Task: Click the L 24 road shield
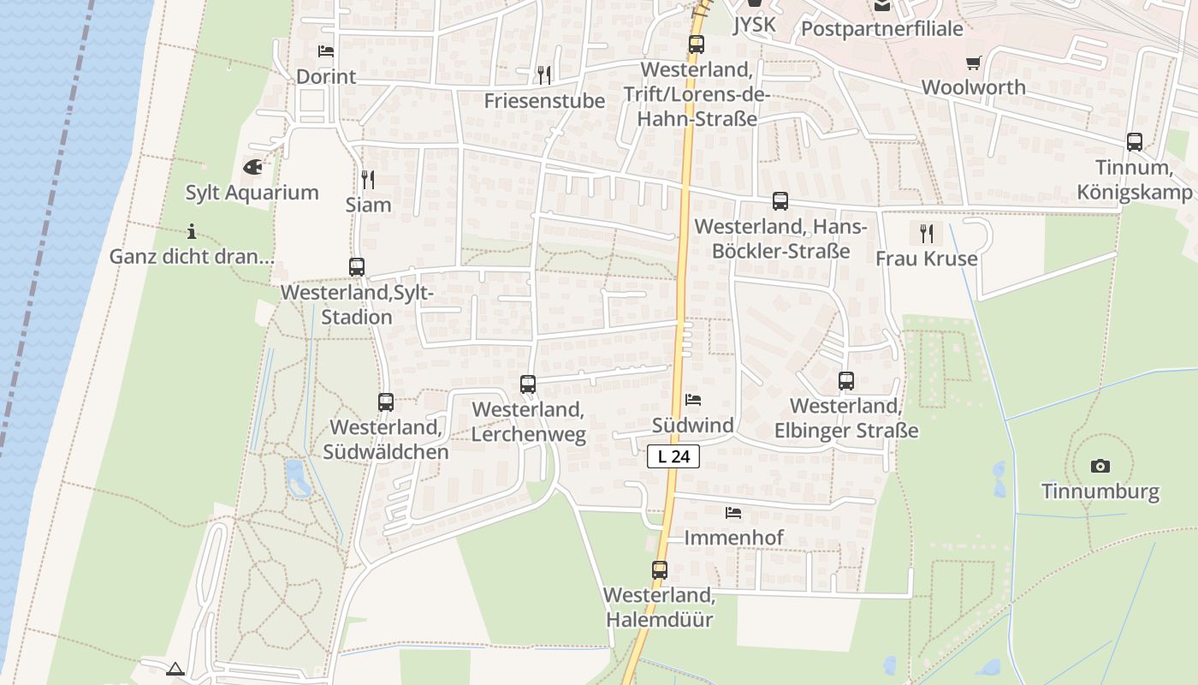tap(673, 456)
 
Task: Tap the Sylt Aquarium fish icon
tap(252, 167)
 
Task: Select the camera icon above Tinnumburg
tap(1100, 467)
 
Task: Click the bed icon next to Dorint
tap(325, 51)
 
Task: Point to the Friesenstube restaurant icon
tap(544, 75)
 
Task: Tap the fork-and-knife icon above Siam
tap(368, 179)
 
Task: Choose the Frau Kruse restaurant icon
tap(926, 233)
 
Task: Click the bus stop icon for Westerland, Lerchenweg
tap(528, 384)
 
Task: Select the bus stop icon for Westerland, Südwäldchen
tap(386, 402)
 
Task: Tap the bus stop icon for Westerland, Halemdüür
tap(659, 569)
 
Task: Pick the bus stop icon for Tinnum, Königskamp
tap(1135, 142)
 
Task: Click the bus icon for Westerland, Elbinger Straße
tap(846, 381)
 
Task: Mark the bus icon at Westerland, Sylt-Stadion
tap(357, 266)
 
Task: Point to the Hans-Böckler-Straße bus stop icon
tap(780, 201)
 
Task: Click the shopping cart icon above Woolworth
tap(973, 63)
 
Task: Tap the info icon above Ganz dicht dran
tap(192, 231)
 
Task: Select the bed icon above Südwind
tap(693, 400)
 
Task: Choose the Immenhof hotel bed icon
tap(733, 513)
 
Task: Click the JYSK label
tap(755, 25)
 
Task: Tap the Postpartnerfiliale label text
tap(881, 29)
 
